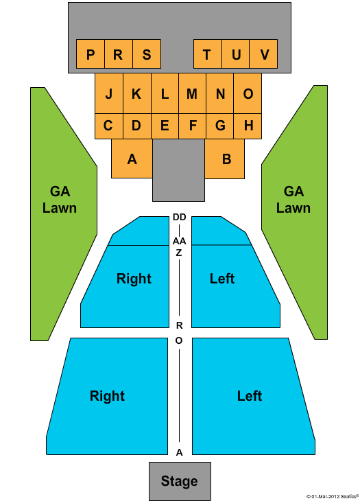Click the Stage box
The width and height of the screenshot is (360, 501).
(x=180, y=481)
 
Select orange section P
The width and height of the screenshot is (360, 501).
(x=91, y=54)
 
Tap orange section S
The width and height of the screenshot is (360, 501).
(x=147, y=54)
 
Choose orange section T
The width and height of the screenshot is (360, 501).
(x=208, y=54)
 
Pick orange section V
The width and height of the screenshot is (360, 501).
(x=263, y=54)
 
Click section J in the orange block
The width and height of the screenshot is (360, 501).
(x=109, y=93)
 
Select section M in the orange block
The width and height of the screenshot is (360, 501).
(x=192, y=93)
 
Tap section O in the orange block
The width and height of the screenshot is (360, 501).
(x=248, y=93)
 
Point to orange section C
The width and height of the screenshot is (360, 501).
(x=109, y=126)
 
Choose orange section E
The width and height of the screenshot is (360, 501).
(x=165, y=126)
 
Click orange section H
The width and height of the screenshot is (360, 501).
(x=248, y=126)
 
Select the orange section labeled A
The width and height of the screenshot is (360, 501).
(x=132, y=159)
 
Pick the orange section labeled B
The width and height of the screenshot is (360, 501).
(x=225, y=159)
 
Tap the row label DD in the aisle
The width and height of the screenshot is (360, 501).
(x=180, y=218)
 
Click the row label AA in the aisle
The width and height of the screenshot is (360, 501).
(x=180, y=241)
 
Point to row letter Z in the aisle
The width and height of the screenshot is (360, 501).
(x=179, y=253)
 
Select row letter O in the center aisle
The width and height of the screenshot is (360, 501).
(x=179, y=340)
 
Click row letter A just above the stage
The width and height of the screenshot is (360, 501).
(x=180, y=452)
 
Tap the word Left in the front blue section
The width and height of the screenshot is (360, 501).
(x=250, y=396)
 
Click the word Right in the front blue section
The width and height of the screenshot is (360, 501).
(x=107, y=396)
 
